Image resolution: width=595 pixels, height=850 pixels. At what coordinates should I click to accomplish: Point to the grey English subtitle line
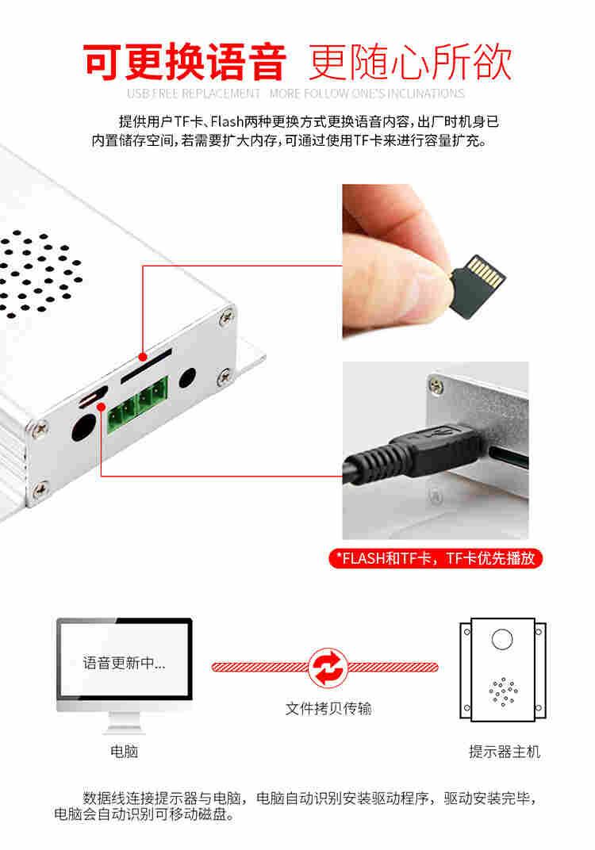coord(296,94)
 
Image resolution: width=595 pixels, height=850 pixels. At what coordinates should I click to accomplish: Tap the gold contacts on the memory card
coord(487,270)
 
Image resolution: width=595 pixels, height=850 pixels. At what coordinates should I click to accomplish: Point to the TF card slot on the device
coord(146,366)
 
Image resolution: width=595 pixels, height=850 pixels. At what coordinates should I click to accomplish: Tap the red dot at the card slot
coord(143,357)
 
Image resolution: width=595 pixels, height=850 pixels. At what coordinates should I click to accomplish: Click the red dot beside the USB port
coord(102,407)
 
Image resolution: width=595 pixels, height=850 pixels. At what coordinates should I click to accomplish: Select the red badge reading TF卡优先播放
coord(436,558)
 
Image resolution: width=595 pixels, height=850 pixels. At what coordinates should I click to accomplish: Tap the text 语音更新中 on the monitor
coord(125,662)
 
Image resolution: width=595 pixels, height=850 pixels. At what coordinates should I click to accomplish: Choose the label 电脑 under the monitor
coord(125,752)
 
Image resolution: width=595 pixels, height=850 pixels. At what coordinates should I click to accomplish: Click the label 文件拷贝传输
coord(328,708)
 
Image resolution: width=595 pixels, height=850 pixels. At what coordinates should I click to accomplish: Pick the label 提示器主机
coord(505,752)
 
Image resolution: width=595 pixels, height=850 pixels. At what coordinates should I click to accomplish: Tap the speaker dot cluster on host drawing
coord(503,691)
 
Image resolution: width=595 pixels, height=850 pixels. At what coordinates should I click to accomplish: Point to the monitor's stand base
coord(125,727)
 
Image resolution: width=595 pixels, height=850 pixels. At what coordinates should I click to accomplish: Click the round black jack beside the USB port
coord(84,427)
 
